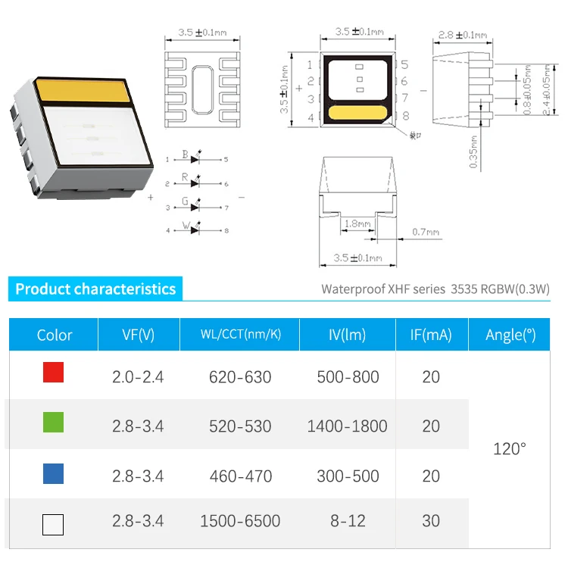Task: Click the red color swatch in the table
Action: pos(53,373)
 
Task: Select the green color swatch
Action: pos(53,423)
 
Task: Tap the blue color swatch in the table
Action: pos(53,474)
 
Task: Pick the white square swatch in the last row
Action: pos(53,525)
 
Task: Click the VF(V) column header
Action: pos(138,335)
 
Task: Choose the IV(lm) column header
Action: pos(348,335)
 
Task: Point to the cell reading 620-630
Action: pos(239,376)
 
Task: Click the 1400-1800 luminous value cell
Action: pos(347,426)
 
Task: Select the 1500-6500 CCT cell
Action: pos(239,521)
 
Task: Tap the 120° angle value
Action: pos(509,449)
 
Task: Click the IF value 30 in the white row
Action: pos(431,521)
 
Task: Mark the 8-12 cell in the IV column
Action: pos(348,521)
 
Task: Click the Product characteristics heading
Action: pos(95,289)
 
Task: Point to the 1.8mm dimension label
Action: pos(357,224)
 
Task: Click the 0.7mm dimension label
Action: pos(426,231)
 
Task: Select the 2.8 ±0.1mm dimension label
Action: pos(462,35)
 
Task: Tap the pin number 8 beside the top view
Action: pos(406,116)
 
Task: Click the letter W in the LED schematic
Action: pos(184,224)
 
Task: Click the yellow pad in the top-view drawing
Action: pos(358,114)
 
